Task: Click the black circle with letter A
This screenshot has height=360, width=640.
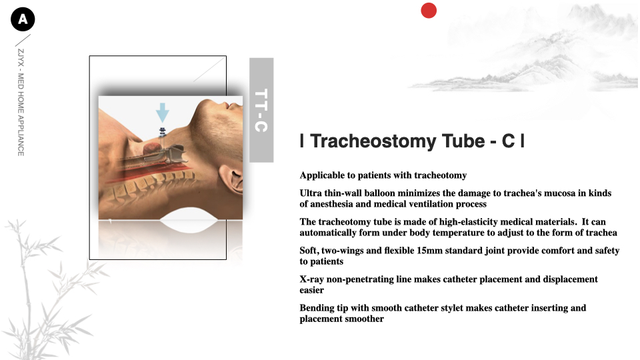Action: coord(23,19)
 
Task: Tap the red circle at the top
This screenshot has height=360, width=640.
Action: coord(429,11)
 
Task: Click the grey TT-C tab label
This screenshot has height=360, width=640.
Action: coord(261,110)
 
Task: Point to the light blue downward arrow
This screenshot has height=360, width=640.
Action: coord(163,113)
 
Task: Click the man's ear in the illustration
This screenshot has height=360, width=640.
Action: coord(234,179)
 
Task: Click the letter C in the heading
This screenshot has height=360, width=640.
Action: coord(508,141)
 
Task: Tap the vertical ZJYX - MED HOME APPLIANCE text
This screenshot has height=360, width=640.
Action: coord(21,103)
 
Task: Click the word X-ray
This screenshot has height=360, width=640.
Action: coord(311,279)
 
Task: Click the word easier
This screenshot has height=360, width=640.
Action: coord(311,290)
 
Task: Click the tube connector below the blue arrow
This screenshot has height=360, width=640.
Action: coord(163,131)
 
